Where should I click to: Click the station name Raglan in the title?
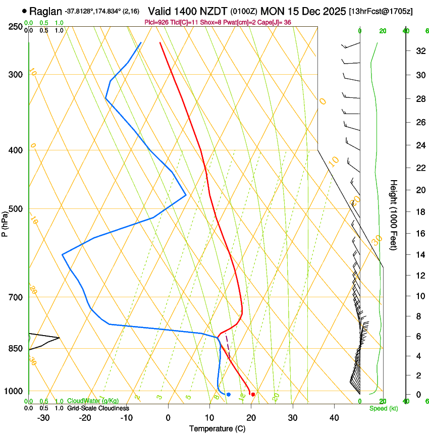[x=46, y=11]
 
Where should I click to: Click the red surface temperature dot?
[x=253, y=394]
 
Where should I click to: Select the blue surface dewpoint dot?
[x=229, y=394]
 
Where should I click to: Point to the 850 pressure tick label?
[x=15, y=349]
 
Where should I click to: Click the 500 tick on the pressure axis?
[x=15, y=209]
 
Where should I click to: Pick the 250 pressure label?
[x=15, y=26]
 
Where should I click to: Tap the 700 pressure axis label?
[x=15, y=297]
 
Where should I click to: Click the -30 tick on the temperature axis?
[x=43, y=417]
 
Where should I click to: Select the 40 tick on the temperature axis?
[x=334, y=417]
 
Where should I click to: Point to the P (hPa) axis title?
[x=5, y=224]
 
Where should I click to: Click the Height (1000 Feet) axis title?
[x=394, y=214]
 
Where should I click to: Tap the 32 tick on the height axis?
[x=419, y=51]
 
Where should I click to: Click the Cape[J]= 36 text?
[x=276, y=23]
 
